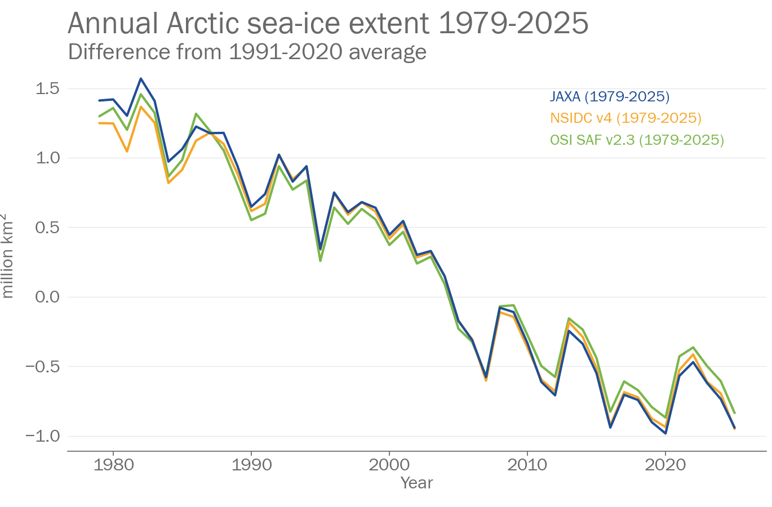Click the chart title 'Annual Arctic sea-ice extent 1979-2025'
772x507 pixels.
tap(328, 24)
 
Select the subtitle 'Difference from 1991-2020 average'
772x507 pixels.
tap(247, 52)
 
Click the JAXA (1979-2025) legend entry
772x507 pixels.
tap(610, 97)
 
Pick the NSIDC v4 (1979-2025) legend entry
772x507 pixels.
tap(625, 118)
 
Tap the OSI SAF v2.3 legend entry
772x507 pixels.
tap(637, 140)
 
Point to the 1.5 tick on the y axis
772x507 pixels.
tap(48, 88)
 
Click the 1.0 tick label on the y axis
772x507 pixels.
tap(48, 158)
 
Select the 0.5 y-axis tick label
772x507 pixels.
tap(48, 228)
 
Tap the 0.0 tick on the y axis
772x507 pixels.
tap(48, 297)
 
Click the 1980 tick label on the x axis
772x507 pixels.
tap(113, 465)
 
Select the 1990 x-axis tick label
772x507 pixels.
tap(251, 465)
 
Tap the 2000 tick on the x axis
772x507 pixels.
tap(389, 465)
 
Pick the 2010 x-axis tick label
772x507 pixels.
tap(527, 465)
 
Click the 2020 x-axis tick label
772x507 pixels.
tap(665, 465)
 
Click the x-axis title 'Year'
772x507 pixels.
tap(416, 483)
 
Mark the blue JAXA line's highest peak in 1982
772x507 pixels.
tap(141, 79)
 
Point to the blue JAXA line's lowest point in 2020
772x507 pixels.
tap(665, 433)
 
